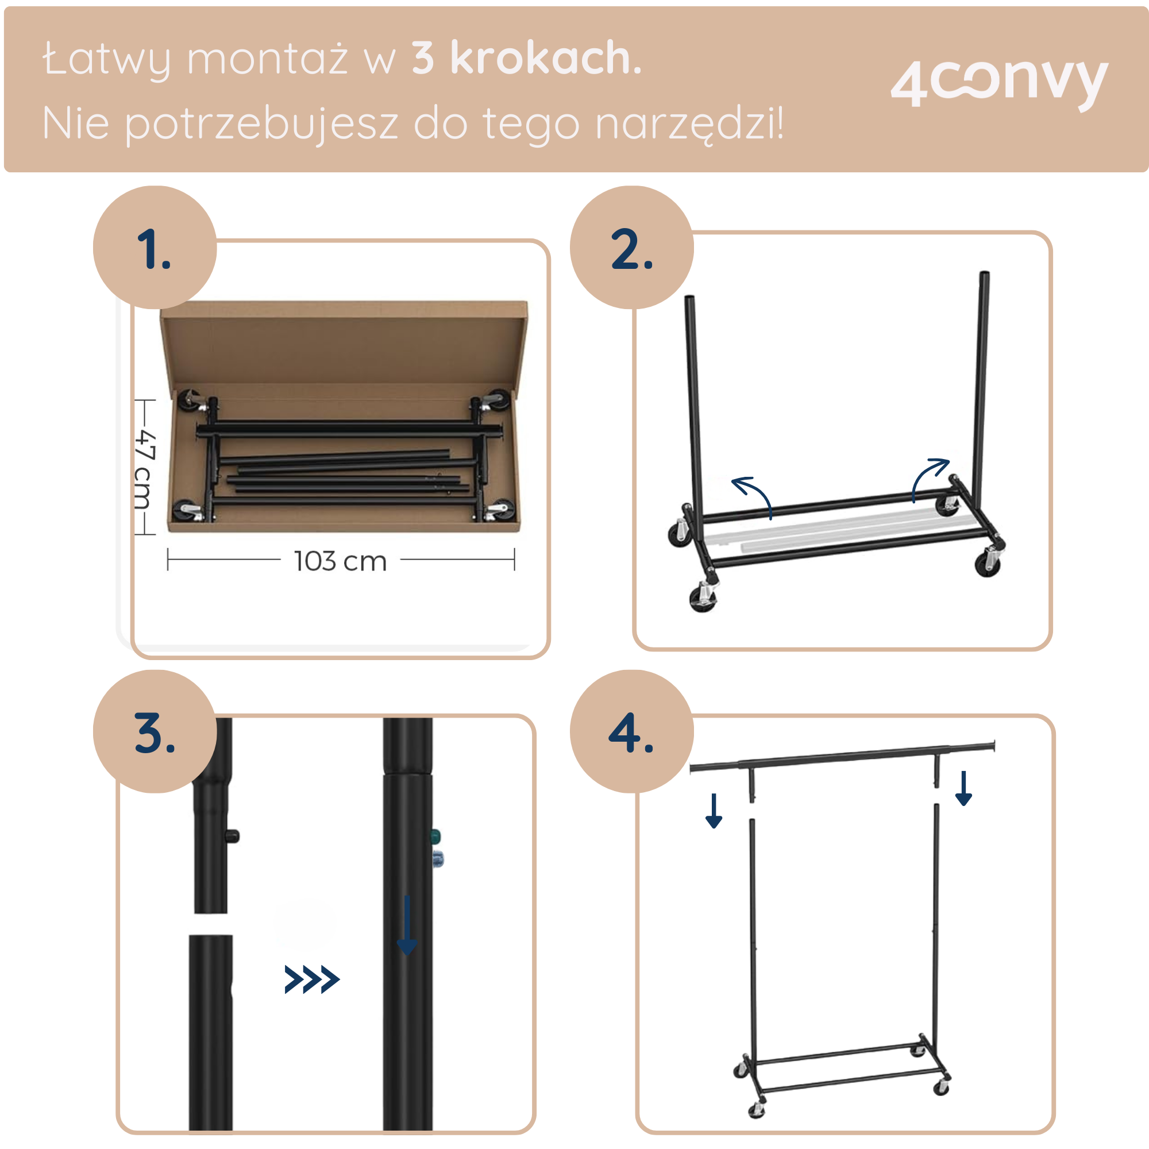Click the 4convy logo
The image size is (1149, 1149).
click(x=998, y=84)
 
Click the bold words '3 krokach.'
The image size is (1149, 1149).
click(x=526, y=58)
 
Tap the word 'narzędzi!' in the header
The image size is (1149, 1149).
click(x=689, y=124)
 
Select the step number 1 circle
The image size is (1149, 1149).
click(x=155, y=248)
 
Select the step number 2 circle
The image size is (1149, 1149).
click(x=631, y=248)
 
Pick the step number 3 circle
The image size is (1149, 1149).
click(x=155, y=731)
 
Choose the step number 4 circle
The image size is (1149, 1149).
click(x=631, y=731)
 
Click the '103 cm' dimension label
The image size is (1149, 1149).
click(x=340, y=561)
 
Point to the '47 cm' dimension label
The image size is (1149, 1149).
click(x=145, y=470)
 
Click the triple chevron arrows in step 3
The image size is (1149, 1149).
click(x=311, y=980)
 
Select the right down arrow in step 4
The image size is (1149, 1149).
click(x=963, y=788)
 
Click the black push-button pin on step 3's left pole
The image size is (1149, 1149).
click(x=233, y=836)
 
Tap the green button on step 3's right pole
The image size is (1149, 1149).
click(x=435, y=836)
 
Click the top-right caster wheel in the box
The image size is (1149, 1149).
click(x=498, y=398)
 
